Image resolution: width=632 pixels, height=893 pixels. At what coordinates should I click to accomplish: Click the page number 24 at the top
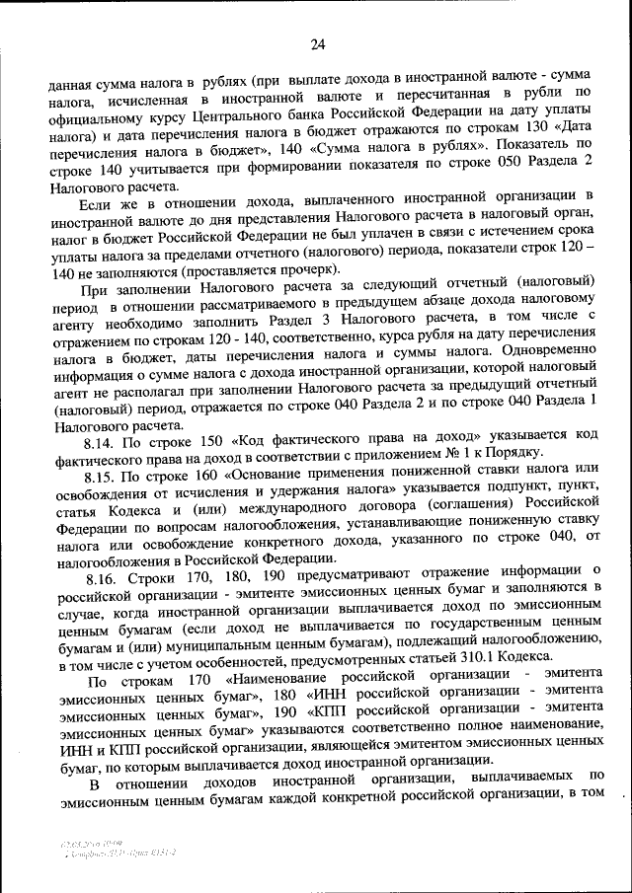coord(317,42)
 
